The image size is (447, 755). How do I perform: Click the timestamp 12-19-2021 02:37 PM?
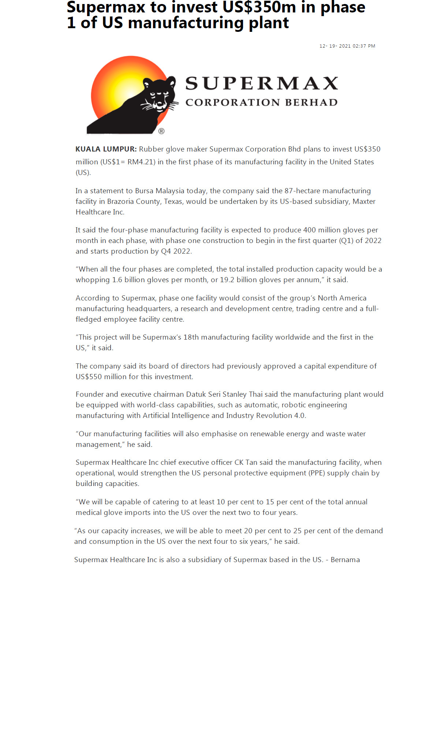coord(347,46)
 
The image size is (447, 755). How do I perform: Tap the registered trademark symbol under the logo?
coord(161,131)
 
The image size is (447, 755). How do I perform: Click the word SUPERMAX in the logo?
coord(261,83)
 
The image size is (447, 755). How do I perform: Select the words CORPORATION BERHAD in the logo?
coord(261,102)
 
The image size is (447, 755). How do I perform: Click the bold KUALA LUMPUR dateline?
coord(106,149)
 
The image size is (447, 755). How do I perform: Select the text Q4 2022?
coord(176,251)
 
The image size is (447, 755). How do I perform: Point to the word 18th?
coord(191,337)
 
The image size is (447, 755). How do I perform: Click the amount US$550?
coord(89,377)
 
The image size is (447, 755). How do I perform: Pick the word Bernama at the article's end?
coord(345,560)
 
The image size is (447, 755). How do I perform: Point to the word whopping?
coord(93,280)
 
